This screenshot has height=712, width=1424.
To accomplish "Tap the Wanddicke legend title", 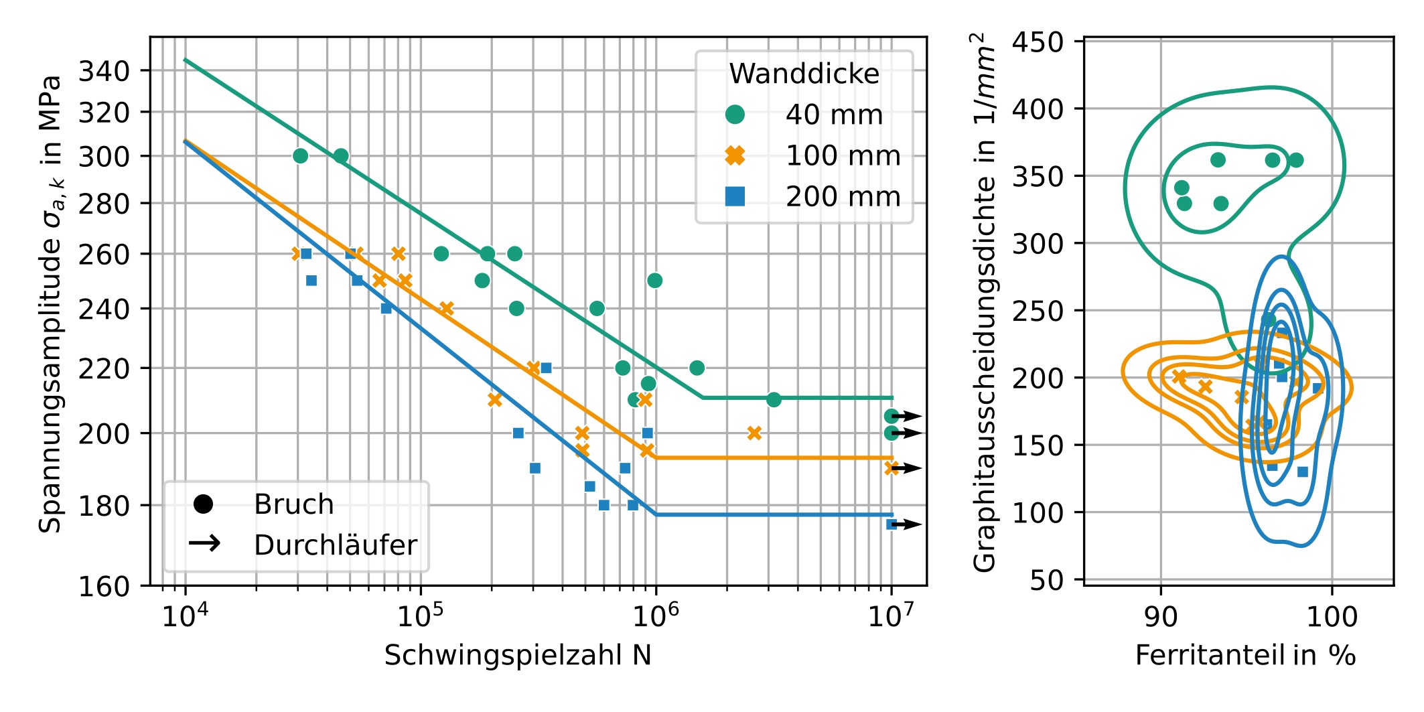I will click(x=804, y=74).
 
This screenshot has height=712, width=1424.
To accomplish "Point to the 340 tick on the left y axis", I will click(x=104, y=70).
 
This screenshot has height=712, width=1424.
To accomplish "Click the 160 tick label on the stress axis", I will click(x=104, y=587).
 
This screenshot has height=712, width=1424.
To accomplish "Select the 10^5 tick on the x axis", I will click(x=420, y=616).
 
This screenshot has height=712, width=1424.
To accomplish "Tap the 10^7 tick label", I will click(x=890, y=616).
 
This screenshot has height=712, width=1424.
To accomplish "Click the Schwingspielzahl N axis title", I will click(x=518, y=655).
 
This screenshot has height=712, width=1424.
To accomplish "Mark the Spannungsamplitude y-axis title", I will click(x=50, y=305).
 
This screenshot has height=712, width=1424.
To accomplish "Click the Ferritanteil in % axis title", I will click(x=1245, y=655).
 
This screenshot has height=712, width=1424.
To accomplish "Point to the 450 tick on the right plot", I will click(x=1038, y=42).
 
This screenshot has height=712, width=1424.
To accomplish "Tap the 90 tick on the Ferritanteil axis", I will click(x=1161, y=616).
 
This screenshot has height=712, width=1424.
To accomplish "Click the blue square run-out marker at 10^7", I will click(x=892, y=524).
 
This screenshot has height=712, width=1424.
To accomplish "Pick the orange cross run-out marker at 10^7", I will click(x=892, y=468).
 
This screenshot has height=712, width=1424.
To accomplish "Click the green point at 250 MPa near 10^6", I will click(x=655, y=281).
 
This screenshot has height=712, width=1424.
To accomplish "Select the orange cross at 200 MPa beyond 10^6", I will click(x=754, y=433).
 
